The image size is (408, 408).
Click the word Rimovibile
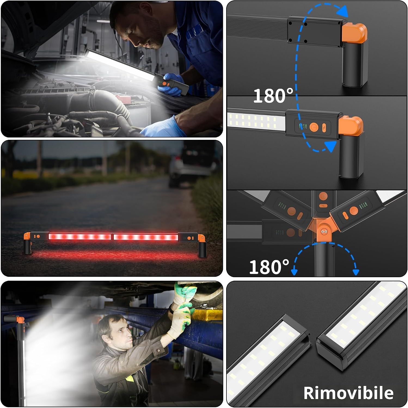(x=348, y=393)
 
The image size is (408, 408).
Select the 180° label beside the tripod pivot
(x=269, y=267)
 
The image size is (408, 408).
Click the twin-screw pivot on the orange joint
(x=324, y=231)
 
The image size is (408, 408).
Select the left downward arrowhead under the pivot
(x=294, y=272)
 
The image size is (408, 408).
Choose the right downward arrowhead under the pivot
(x=356, y=272)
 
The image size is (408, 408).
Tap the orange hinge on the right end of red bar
(x=202, y=238)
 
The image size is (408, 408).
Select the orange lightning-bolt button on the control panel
(x=324, y=128)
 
